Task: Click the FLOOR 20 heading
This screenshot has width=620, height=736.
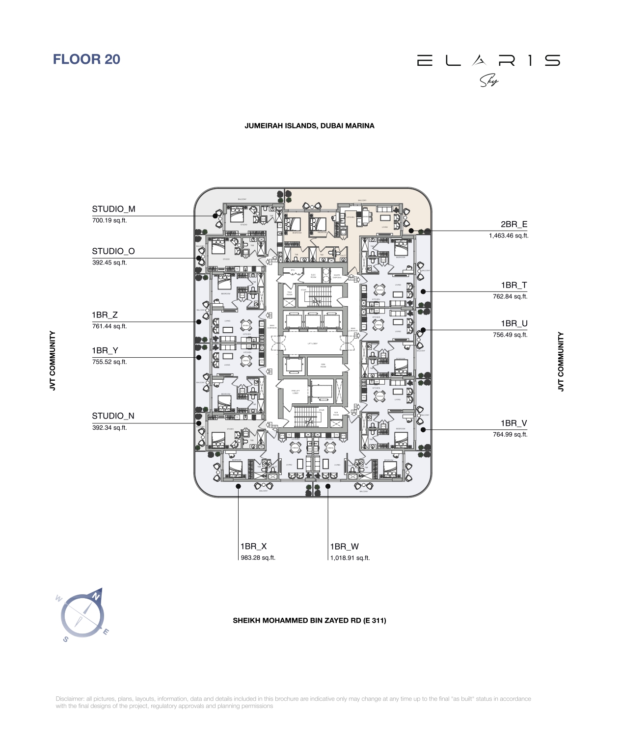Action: [86, 59]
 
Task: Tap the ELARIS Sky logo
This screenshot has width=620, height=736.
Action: [488, 69]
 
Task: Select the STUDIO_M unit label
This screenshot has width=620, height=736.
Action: [113, 209]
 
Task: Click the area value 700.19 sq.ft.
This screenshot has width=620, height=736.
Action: [109, 221]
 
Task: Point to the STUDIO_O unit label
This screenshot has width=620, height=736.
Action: [113, 251]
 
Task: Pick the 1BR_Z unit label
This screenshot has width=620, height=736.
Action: [105, 315]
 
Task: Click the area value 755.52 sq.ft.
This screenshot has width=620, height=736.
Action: [109, 362]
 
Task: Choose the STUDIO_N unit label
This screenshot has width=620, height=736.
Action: [113, 416]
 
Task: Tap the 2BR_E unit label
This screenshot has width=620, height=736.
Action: [514, 224]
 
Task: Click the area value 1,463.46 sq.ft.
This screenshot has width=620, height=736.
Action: [509, 236]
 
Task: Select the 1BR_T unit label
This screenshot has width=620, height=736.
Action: [514, 285]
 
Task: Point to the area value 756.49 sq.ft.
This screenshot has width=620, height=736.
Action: [510, 335]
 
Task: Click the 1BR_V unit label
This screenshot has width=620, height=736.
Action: [514, 423]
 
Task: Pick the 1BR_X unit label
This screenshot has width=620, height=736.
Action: [253, 547]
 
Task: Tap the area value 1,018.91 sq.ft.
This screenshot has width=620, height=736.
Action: [350, 558]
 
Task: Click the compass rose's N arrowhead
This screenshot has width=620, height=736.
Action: [97, 595]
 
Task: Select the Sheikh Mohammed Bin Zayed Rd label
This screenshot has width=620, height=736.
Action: [309, 621]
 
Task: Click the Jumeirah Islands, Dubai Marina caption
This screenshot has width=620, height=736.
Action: [309, 126]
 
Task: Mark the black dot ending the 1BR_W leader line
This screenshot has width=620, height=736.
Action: [328, 486]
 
